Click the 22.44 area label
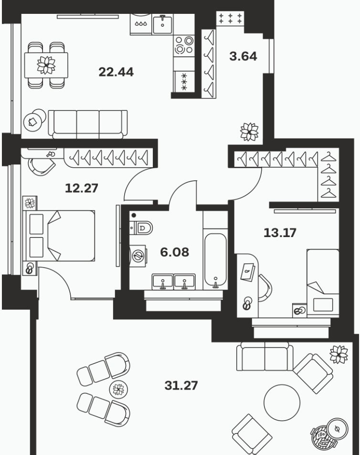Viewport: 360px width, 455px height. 116,72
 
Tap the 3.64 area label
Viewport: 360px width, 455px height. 243,56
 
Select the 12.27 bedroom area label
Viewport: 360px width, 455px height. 82,188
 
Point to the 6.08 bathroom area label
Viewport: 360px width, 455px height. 174,252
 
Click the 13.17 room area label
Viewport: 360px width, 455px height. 280,233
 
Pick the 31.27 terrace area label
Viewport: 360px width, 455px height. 181,386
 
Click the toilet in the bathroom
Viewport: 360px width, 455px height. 141,227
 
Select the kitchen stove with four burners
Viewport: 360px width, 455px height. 184,45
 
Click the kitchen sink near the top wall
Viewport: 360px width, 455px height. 162,24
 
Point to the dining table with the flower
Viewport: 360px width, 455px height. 46,65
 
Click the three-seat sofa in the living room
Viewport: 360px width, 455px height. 87,123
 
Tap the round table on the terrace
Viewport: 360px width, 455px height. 282,402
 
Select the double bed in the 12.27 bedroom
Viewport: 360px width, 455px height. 60,236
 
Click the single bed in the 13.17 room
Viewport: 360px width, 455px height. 323,282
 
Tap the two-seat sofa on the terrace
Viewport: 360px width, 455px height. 265,357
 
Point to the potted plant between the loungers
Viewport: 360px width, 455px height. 118,389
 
